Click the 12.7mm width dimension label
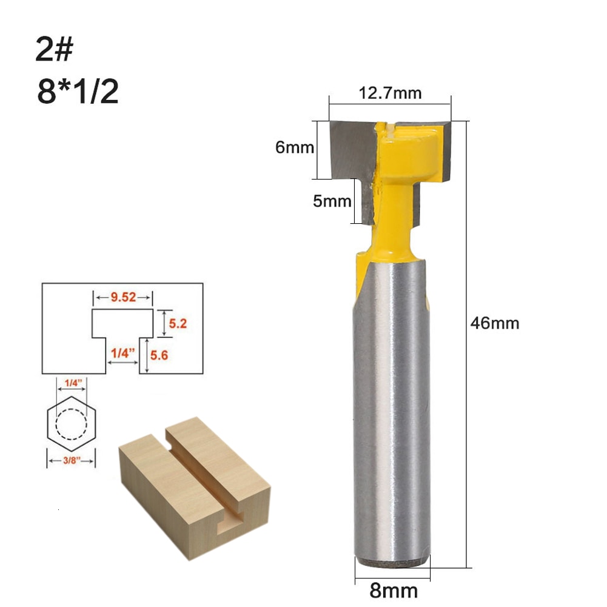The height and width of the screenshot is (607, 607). tap(390, 93)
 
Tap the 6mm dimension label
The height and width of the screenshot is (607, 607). tap(295, 147)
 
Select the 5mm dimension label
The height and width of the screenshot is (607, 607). tap(332, 201)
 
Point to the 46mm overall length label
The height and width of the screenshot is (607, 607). tap(495, 323)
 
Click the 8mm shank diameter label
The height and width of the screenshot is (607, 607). tap(394, 589)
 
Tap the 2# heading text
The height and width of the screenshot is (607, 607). tap(54, 51)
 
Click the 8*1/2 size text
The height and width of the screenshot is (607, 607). tap(77, 93)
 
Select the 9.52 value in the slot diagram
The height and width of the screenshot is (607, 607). tap(123, 297)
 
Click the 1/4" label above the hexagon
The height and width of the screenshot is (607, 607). tap(71, 381)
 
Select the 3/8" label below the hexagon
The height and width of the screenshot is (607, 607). tap(71, 461)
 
